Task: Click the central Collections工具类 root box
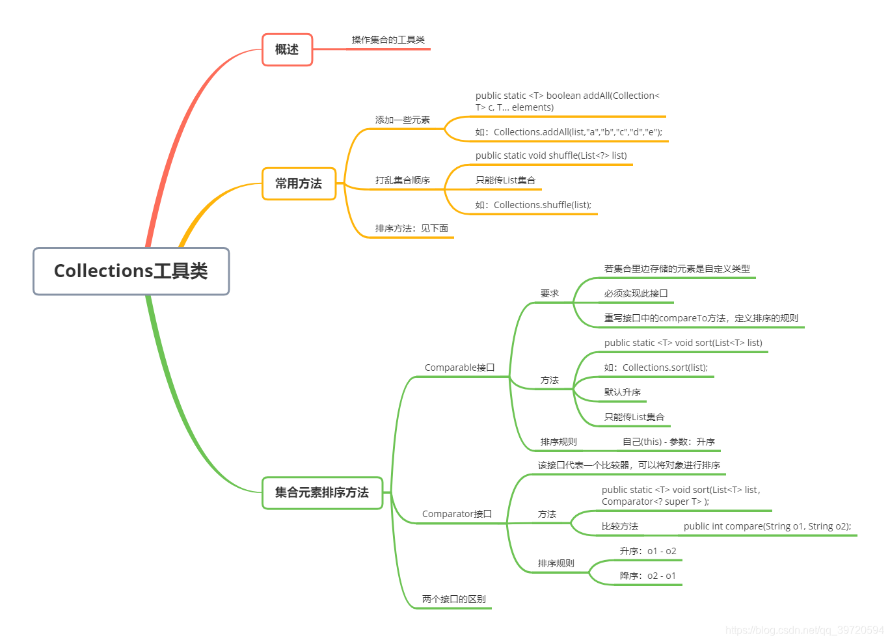(x=131, y=271)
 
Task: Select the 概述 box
(x=287, y=49)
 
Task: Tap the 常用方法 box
(x=299, y=183)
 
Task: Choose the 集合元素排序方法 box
(x=322, y=492)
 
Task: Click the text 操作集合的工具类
(x=388, y=40)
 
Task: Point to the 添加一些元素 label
(x=402, y=120)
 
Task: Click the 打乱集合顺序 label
(x=402, y=180)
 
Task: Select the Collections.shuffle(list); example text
(x=533, y=205)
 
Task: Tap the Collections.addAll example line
(x=569, y=132)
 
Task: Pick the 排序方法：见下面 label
(x=411, y=228)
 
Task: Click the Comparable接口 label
(x=459, y=368)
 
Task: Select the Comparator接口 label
(x=457, y=514)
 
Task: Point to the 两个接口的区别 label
(x=453, y=599)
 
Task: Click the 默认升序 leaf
(x=622, y=392)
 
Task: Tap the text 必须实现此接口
(x=636, y=293)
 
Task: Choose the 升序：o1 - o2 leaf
(x=647, y=551)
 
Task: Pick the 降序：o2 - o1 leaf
(x=647, y=576)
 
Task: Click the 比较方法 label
(x=619, y=526)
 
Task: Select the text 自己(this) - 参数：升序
(x=668, y=442)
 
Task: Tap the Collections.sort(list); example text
(x=656, y=368)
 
